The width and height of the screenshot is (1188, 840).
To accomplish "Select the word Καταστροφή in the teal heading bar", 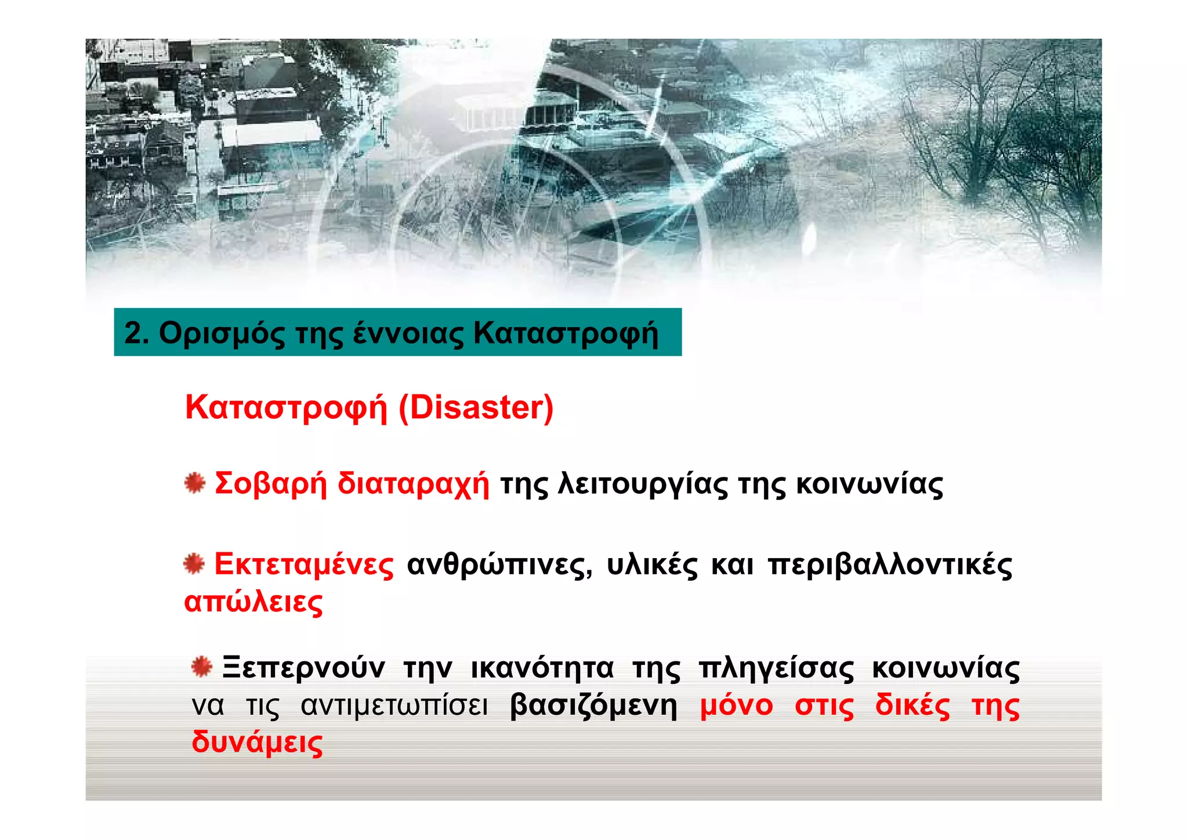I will [x=566, y=334].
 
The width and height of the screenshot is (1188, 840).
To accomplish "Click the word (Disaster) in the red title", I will [x=476, y=407].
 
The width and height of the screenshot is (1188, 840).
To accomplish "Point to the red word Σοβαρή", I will [x=271, y=484].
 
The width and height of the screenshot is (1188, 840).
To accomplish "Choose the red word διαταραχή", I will [x=413, y=484].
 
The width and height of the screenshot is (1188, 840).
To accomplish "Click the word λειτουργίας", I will [x=642, y=484].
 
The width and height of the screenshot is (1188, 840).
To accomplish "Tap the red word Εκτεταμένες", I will [x=304, y=564].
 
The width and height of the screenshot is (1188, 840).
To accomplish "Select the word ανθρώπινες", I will [x=499, y=564].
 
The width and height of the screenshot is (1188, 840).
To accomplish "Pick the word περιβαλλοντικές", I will [x=890, y=564].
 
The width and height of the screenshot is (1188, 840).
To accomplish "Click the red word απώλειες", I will [x=253, y=602].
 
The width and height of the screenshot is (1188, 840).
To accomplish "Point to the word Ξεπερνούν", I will [x=303, y=668].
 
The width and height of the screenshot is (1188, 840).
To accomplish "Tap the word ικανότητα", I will [x=542, y=668].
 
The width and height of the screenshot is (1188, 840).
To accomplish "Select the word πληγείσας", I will [x=776, y=668].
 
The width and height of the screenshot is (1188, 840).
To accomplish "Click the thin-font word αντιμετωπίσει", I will [x=394, y=706].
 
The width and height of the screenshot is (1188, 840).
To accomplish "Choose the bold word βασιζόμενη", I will [x=593, y=706].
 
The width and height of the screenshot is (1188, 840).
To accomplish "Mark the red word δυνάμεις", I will [x=257, y=743].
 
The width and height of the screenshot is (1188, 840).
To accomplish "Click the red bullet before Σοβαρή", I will [x=195, y=483].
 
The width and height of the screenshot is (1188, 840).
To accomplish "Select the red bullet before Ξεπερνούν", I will [x=202, y=667].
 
